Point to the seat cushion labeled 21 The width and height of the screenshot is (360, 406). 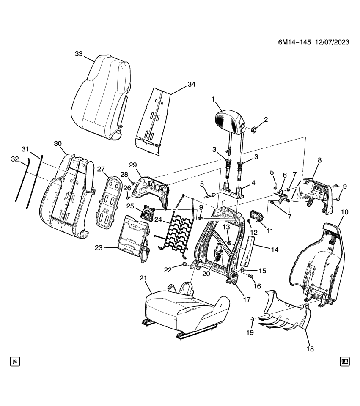182,307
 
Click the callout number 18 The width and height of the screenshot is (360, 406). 311,349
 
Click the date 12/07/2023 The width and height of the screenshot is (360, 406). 332,43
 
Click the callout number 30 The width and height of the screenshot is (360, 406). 58,143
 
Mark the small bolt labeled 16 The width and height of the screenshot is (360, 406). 250,277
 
